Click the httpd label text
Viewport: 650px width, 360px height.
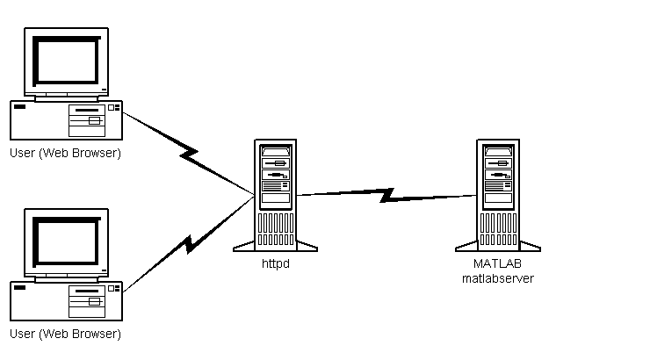point(275,263)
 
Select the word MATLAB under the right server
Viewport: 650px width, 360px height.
point(498,263)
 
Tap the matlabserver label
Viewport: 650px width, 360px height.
point(498,277)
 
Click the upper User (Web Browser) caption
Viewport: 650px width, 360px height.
point(65,153)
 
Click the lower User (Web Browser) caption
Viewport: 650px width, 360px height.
point(65,334)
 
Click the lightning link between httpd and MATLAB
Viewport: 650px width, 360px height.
point(386,194)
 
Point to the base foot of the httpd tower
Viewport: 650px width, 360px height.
point(275,245)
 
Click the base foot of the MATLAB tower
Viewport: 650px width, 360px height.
point(498,245)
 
